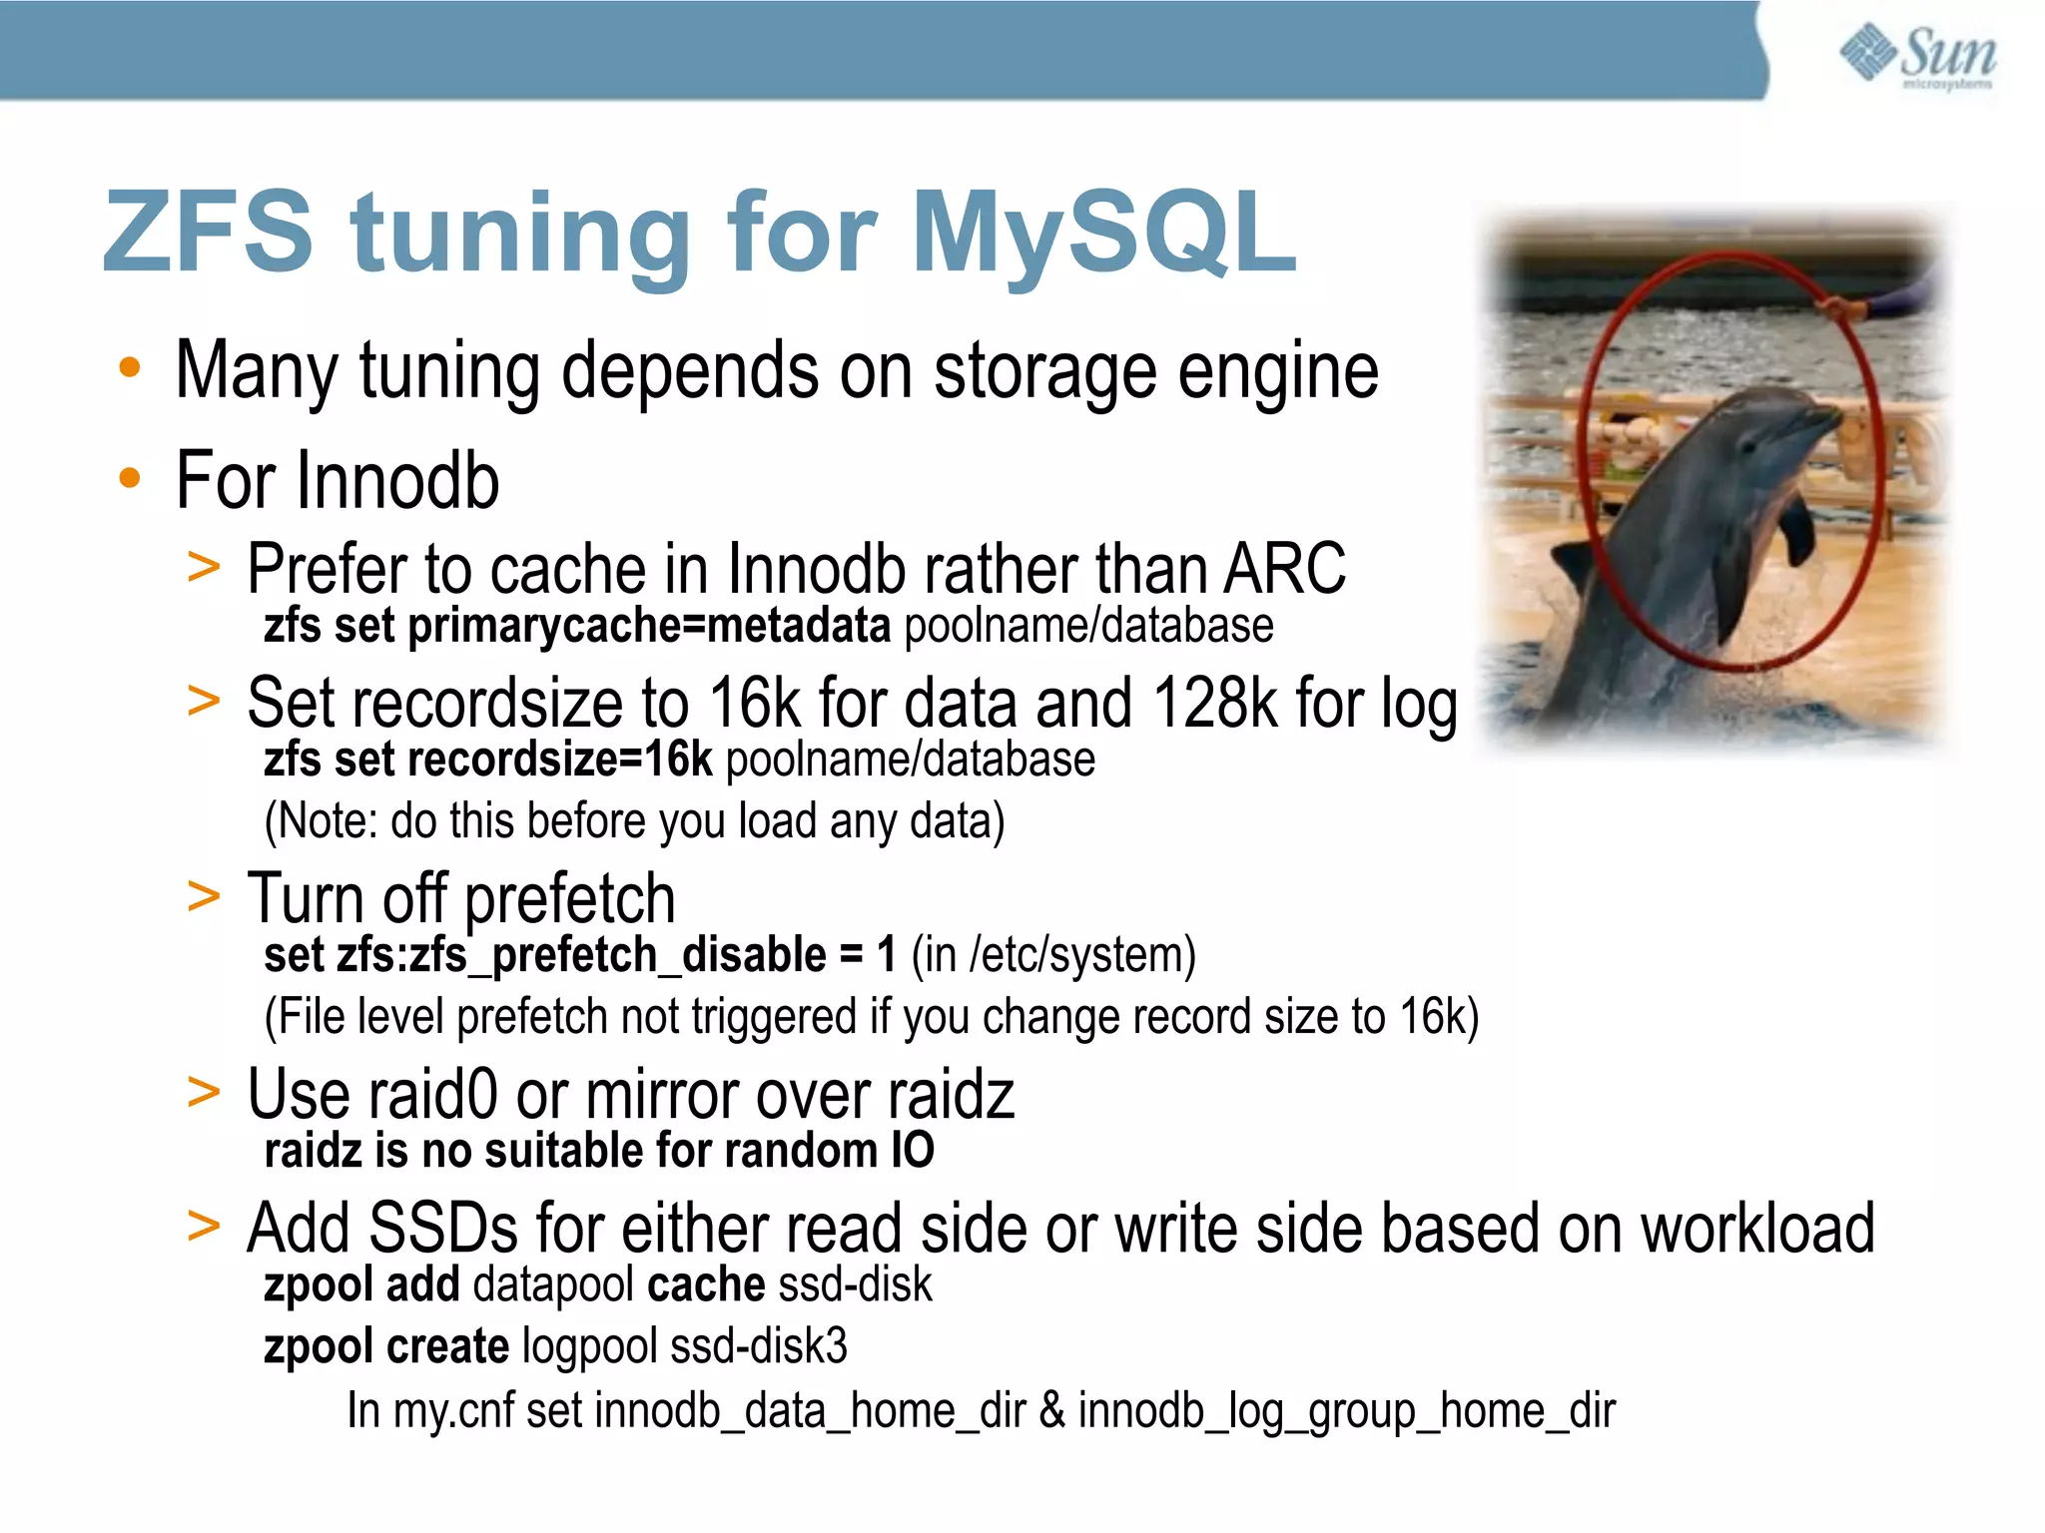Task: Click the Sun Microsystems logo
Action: click(1917, 56)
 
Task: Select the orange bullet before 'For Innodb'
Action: click(130, 480)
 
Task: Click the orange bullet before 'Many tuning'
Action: click(130, 369)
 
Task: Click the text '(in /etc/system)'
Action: click(1053, 955)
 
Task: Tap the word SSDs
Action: click(443, 1229)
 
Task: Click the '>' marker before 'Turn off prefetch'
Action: click(204, 896)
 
